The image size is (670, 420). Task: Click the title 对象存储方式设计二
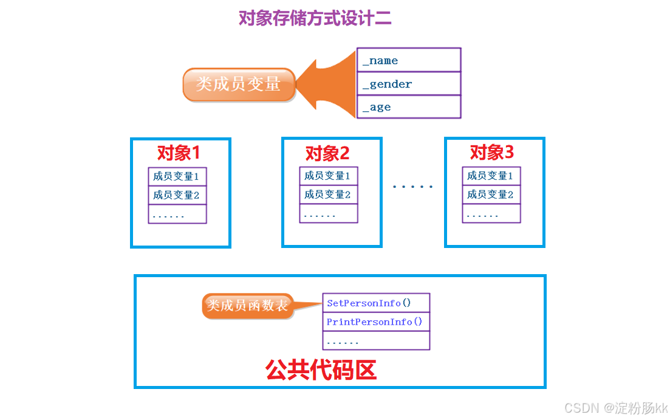[x=315, y=18]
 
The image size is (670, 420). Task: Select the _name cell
[x=408, y=60]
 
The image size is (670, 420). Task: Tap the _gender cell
[x=408, y=84]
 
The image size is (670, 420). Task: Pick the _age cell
[x=408, y=107]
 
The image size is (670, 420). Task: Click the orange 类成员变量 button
[x=238, y=84]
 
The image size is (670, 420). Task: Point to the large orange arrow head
[x=331, y=84]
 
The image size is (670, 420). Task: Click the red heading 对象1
[x=178, y=153]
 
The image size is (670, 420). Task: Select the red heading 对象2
[x=327, y=153]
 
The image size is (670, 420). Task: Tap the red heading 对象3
[x=492, y=152]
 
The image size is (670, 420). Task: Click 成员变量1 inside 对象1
[x=177, y=177]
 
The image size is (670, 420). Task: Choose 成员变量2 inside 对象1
[x=177, y=195]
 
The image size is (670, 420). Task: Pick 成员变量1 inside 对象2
[x=328, y=176]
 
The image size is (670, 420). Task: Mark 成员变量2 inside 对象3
[x=491, y=195]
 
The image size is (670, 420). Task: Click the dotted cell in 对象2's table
[x=328, y=214]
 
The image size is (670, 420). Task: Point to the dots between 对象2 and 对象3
[x=413, y=187]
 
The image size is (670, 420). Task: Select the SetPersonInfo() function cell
[x=375, y=303]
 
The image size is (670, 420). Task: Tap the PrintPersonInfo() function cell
[x=375, y=322]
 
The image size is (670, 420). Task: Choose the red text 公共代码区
[x=321, y=370]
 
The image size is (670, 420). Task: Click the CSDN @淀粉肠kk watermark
[x=615, y=407]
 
